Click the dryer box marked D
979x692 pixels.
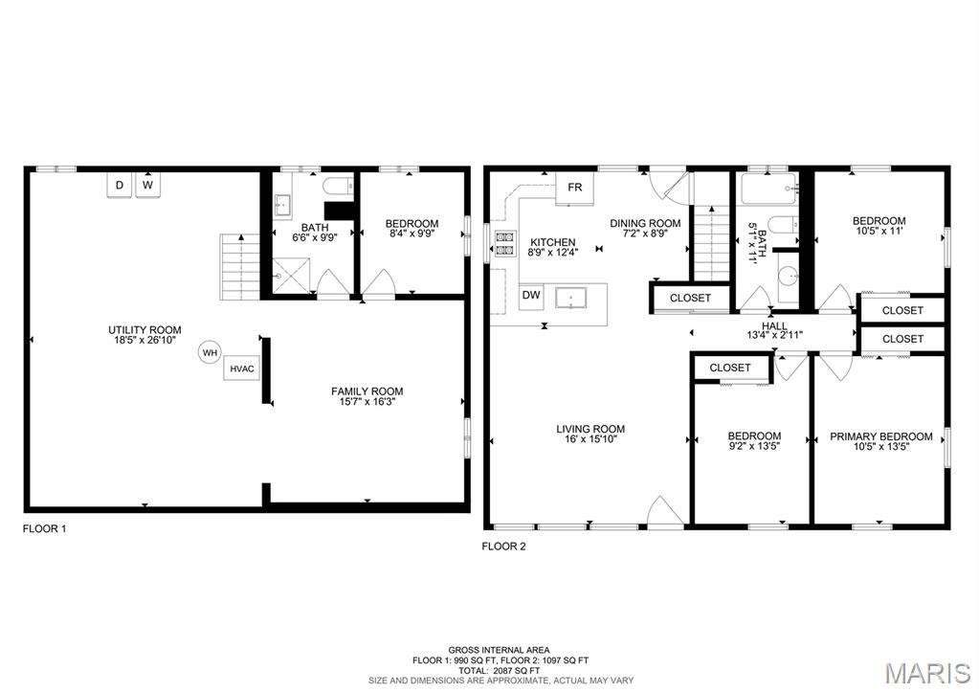[120, 185]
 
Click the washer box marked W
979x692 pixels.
[147, 185]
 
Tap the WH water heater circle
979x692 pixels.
[211, 353]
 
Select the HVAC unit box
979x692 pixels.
[241, 369]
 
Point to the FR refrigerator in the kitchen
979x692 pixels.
[574, 188]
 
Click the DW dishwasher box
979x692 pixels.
[531, 296]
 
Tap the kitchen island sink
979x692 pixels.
[570, 298]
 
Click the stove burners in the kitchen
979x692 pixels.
[505, 243]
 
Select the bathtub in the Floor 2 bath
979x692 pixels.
[769, 188]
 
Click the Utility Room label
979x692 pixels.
[145, 330]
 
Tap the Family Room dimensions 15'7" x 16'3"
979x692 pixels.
[367, 402]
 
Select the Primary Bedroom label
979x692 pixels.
[881, 436]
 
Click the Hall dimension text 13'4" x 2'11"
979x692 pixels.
[775, 335]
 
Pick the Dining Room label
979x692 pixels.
[645, 224]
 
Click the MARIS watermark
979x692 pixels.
[928, 673]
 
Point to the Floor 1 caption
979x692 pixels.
[44, 529]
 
